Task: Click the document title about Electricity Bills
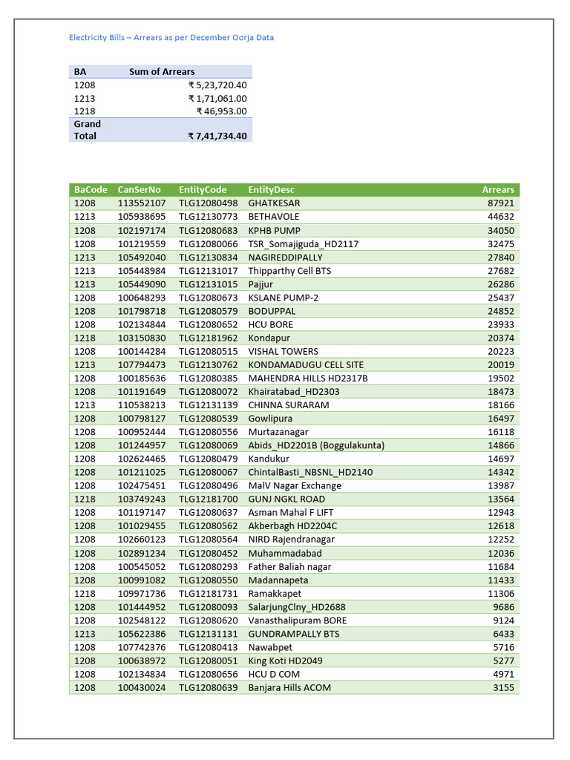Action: click(171, 37)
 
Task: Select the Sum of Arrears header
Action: click(162, 72)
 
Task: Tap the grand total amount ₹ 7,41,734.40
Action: click(217, 137)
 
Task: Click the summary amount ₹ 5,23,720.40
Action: click(217, 85)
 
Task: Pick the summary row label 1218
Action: click(85, 111)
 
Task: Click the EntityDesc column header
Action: click(271, 190)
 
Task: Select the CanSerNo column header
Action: click(139, 190)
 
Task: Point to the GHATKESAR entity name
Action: click(274, 203)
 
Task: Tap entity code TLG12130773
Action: click(208, 217)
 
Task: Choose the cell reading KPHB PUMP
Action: click(274, 230)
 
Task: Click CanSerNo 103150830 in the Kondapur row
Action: click(142, 338)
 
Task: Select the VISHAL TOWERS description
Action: click(283, 351)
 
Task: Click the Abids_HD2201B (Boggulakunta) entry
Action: click(316, 445)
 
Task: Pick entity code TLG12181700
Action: click(208, 499)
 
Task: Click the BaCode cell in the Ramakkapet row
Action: click(85, 594)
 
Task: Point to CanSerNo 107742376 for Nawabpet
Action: click(142, 647)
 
